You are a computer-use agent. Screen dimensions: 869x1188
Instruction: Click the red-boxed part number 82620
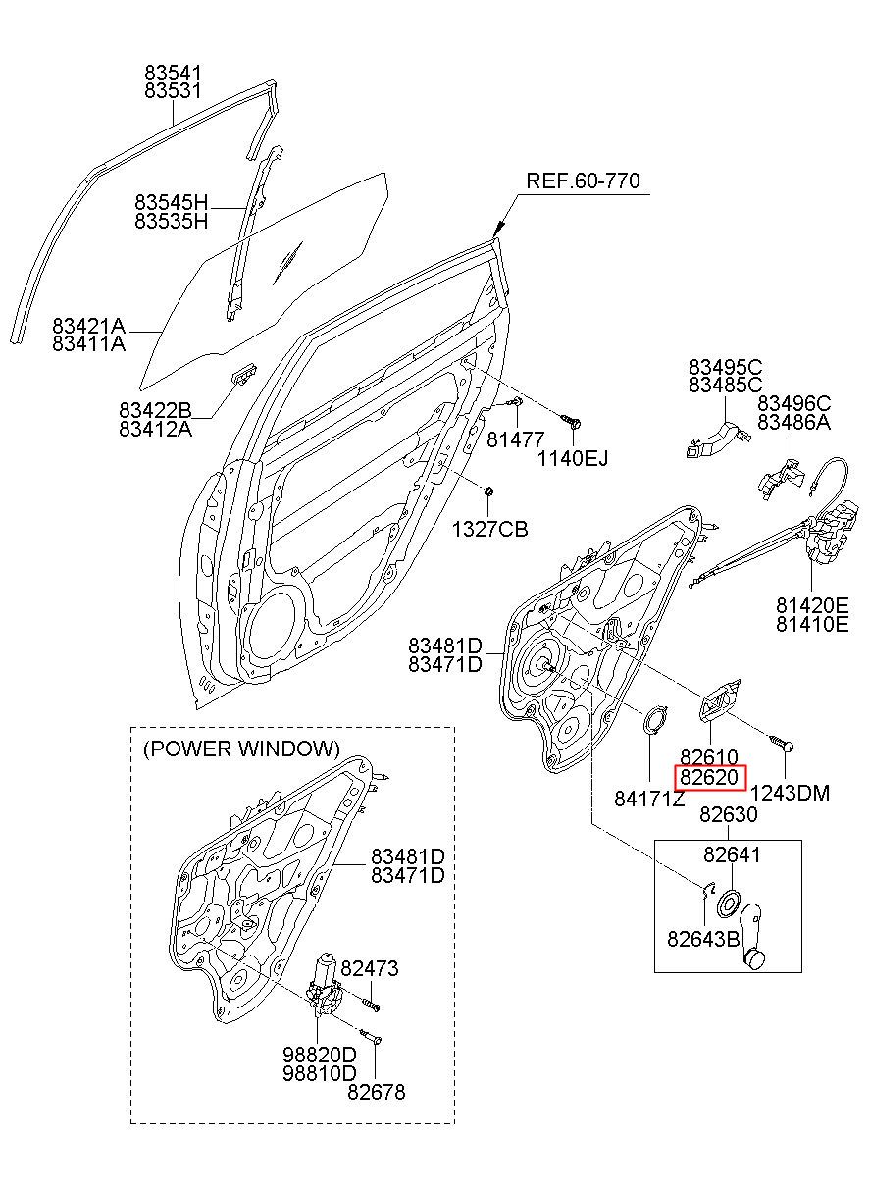pyautogui.click(x=709, y=778)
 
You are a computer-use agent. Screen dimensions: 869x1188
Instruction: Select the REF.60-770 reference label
pyautogui.click(x=583, y=181)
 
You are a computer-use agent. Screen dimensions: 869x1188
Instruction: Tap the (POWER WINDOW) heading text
pyautogui.click(x=241, y=749)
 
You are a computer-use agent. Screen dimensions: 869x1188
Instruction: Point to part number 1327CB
pyautogui.click(x=489, y=529)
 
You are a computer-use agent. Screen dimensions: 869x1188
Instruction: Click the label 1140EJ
pyautogui.click(x=573, y=458)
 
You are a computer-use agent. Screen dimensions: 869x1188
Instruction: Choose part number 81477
pyautogui.click(x=515, y=439)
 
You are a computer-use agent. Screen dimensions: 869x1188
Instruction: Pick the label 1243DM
pyautogui.click(x=790, y=793)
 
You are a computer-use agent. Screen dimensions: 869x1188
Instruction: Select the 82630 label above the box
pyautogui.click(x=729, y=814)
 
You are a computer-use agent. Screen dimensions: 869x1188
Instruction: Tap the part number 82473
pyautogui.click(x=369, y=968)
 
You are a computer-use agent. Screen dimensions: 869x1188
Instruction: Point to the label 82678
pyautogui.click(x=377, y=1092)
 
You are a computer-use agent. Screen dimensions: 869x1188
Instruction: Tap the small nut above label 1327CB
pyautogui.click(x=488, y=491)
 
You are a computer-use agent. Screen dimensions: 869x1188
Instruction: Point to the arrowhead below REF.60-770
pyautogui.click(x=498, y=229)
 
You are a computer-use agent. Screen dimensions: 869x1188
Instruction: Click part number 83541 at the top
pyautogui.click(x=174, y=73)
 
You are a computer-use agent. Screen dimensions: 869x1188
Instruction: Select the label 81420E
pyautogui.click(x=812, y=605)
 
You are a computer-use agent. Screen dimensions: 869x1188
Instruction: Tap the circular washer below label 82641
pyautogui.click(x=729, y=903)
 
